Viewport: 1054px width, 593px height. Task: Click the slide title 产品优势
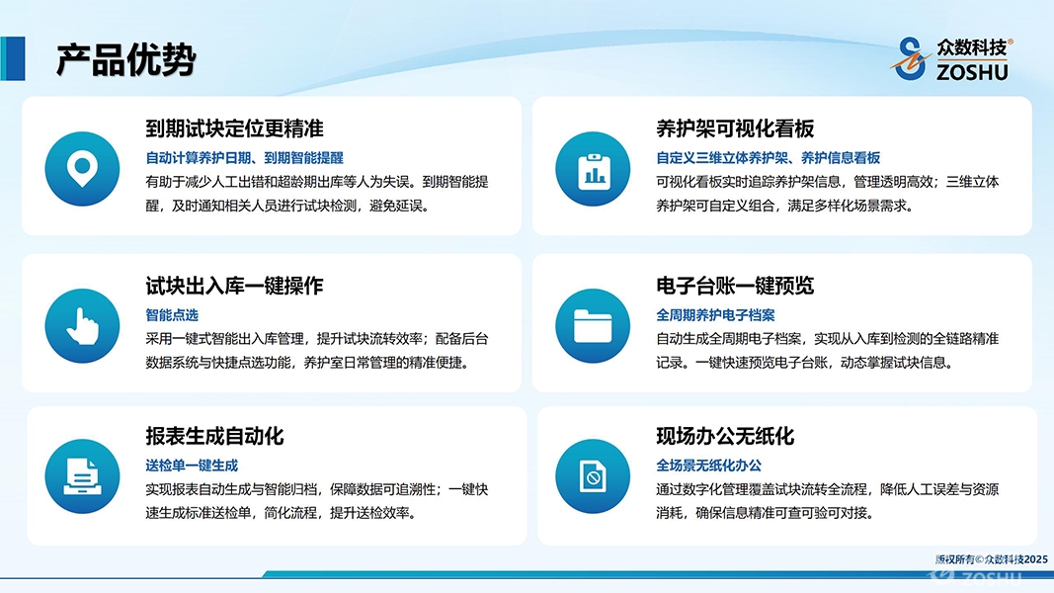[x=125, y=60]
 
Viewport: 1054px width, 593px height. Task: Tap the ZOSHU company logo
[x=952, y=59]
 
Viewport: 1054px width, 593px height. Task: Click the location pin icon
[x=82, y=169]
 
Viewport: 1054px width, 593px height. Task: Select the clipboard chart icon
[x=593, y=169]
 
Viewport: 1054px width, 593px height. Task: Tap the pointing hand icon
[x=82, y=326]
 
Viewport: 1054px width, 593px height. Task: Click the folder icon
[x=593, y=326]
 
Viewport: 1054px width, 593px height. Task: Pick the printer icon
[x=82, y=476]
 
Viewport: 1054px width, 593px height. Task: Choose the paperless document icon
[x=593, y=476]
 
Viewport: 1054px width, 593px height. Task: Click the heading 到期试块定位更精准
[x=234, y=128]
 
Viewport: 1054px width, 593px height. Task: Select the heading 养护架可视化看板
[x=735, y=128]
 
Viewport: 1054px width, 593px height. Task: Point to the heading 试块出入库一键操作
[x=234, y=286]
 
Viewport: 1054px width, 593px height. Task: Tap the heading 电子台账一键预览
[x=735, y=286]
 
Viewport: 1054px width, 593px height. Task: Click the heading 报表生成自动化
[x=214, y=436]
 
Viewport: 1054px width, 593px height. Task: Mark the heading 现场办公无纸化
[x=725, y=436]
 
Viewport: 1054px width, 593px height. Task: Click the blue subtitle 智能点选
[x=172, y=314]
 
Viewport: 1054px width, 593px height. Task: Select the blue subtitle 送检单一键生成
[x=192, y=466]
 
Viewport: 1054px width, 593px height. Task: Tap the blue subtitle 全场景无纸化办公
[x=709, y=466]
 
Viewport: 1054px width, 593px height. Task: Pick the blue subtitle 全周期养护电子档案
[x=715, y=314]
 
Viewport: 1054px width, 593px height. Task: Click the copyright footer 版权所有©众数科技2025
[x=992, y=559]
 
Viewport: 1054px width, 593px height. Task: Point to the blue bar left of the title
[x=13, y=58]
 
